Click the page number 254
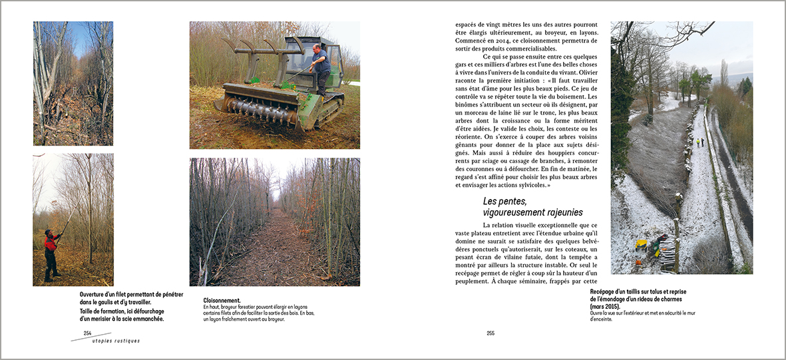click(x=87, y=333)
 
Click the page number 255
click(x=491, y=333)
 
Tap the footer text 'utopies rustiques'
click(x=116, y=341)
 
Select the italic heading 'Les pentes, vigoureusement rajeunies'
click(x=532, y=206)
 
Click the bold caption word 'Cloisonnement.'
click(x=222, y=300)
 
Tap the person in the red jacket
click(x=50, y=252)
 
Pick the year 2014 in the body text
click(x=512, y=40)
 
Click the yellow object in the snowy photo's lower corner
click(x=640, y=245)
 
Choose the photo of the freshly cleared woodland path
click(x=274, y=222)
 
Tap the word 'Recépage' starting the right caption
click(x=606, y=291)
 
